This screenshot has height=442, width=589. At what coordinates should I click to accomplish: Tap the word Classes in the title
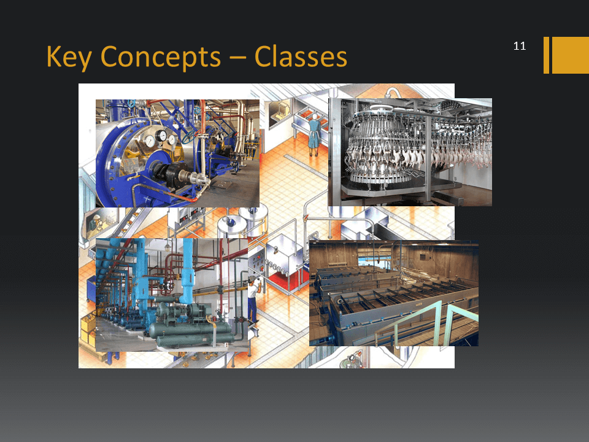tap(301, 56)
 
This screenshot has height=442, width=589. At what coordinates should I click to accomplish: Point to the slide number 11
tap(520, 46)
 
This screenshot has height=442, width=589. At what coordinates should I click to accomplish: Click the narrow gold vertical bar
tap(546, 55)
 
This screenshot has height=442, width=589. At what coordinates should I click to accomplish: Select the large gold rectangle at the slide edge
tap(570, 55)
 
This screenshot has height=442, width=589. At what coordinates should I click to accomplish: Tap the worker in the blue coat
tap(314, 134)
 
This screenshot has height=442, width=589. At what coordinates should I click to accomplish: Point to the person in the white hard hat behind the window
tap(95, 223)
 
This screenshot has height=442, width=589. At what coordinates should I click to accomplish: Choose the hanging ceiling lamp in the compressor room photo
tap(167, 247)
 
